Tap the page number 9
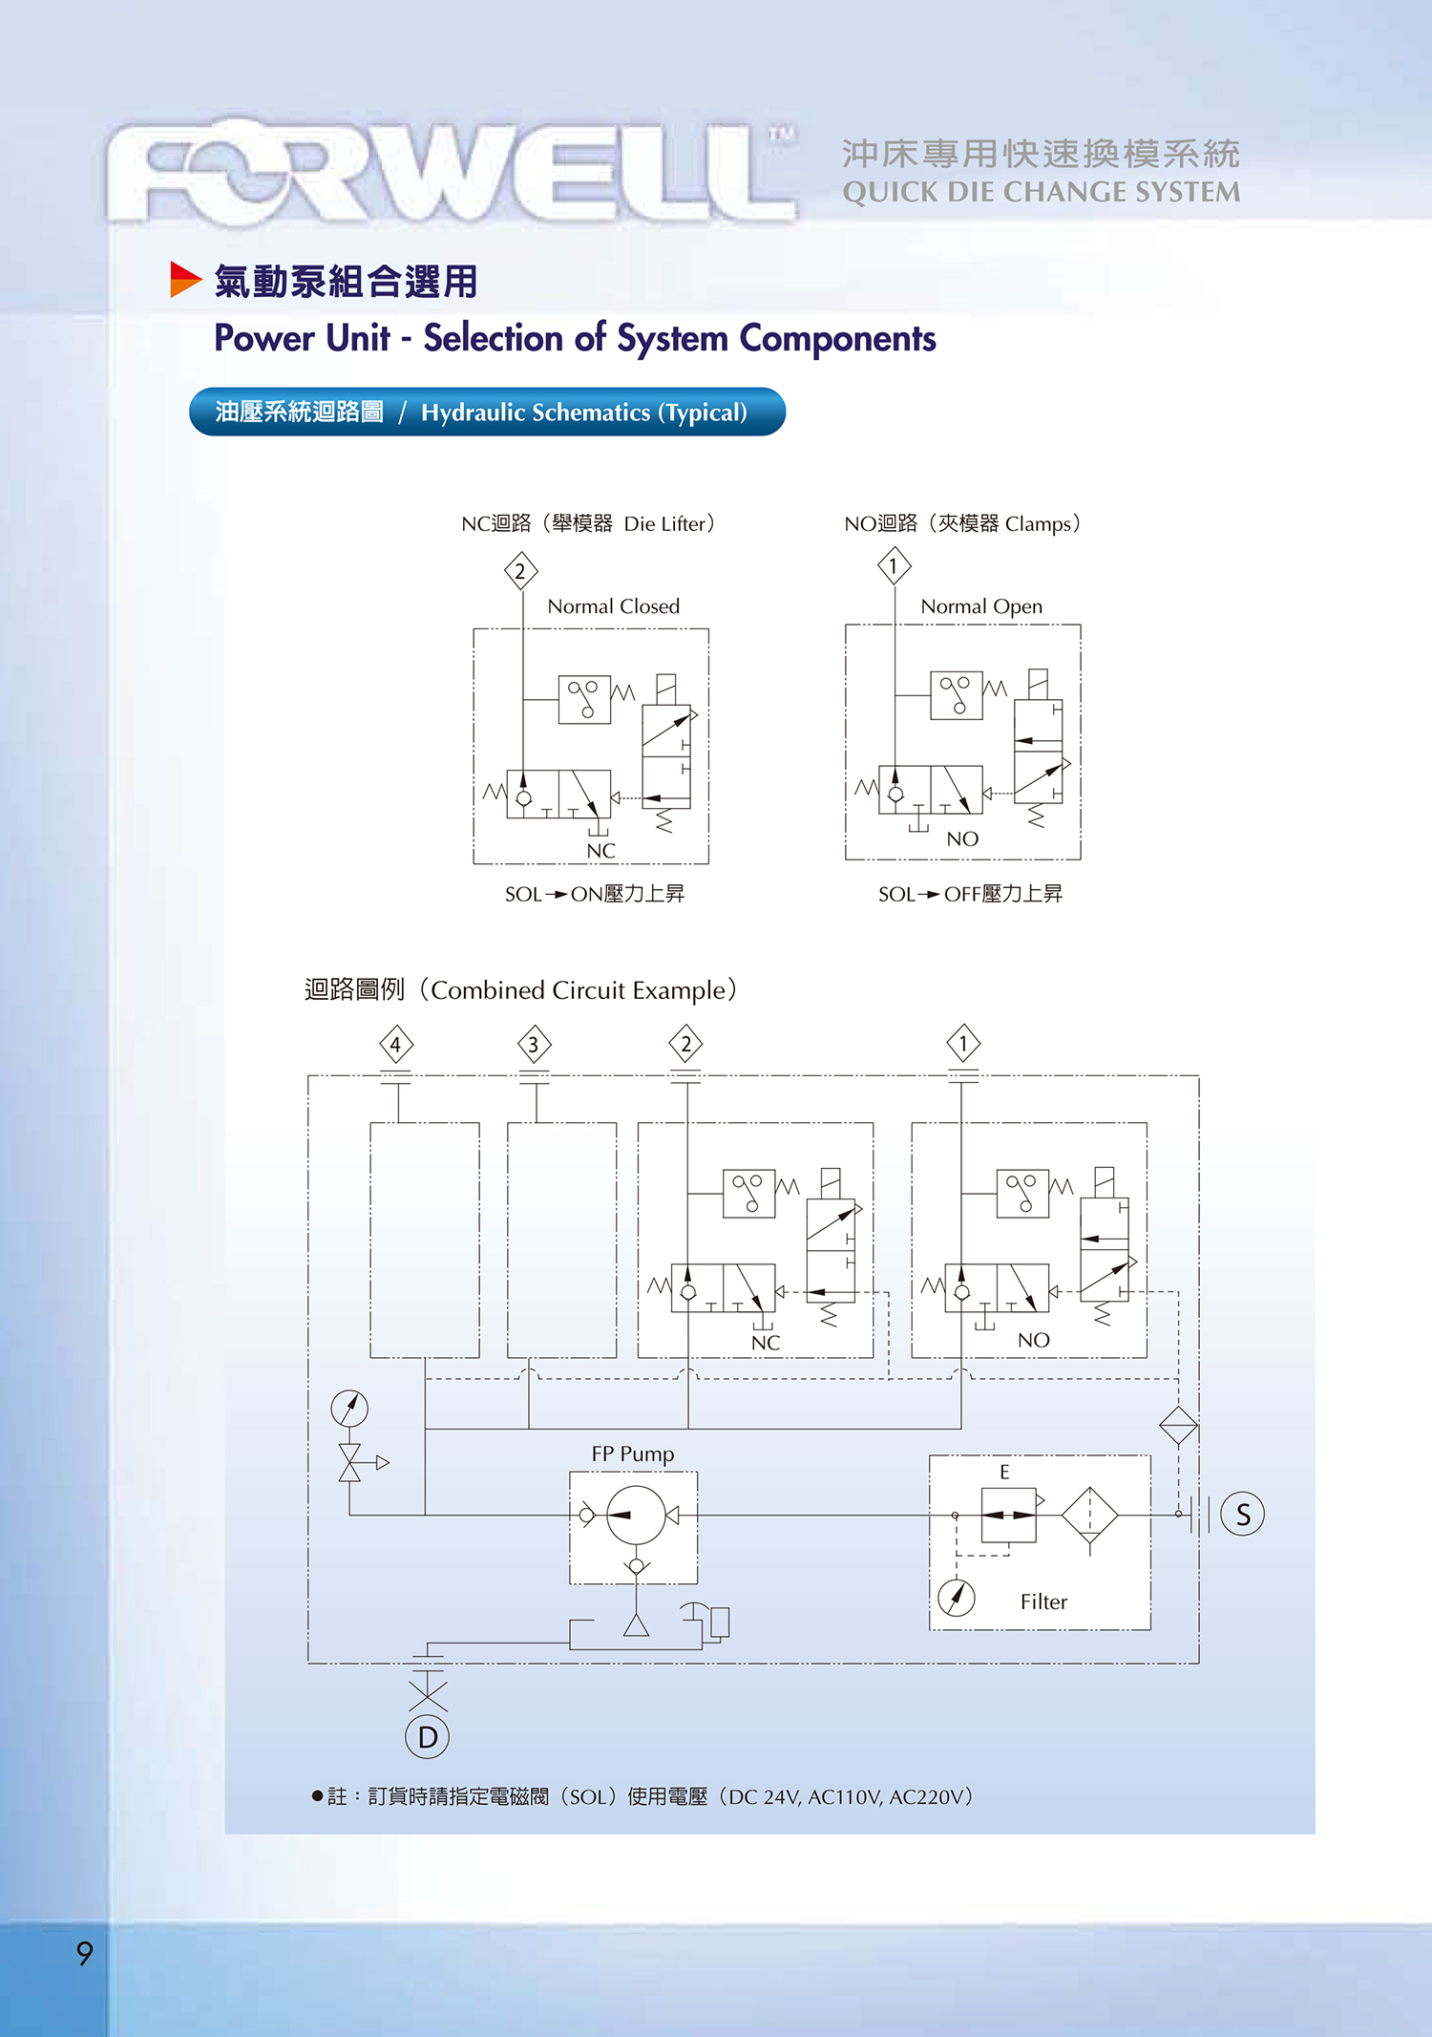[85, 1953]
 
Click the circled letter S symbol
[1243, 1515]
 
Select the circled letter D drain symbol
[428, 1737]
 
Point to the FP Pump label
[632, 1453]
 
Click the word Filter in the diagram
[1043, 1602]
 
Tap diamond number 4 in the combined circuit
[396, 1044]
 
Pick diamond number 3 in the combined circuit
[534, 1044]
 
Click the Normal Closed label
[613, 606]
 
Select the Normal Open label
[981, 606]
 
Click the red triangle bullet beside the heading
[185, 279]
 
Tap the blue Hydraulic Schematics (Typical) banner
[487, 412]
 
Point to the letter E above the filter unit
[1004, 1472]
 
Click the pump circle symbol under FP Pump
[636, 1515]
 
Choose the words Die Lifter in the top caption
[664, 523]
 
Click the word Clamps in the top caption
[1038, 523]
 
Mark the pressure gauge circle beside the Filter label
[957, 1597]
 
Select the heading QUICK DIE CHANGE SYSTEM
[1041, 192]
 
